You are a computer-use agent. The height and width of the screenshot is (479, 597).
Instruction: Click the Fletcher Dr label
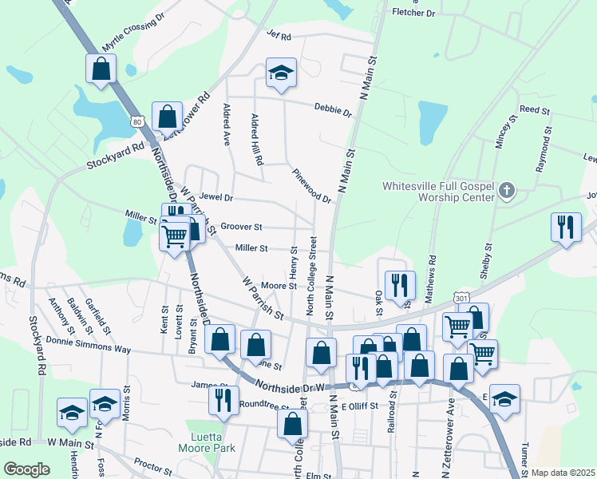coord(413,14)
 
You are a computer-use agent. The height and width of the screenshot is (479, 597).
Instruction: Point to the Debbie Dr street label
coord(333,109)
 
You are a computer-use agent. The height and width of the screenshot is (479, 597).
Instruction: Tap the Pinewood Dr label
coord(310,185)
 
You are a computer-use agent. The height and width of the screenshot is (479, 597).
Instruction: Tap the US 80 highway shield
coord(137,122)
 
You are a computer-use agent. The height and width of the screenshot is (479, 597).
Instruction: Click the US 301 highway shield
coord(461,298)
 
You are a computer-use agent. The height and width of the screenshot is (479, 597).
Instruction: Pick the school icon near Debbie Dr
coord(281,74)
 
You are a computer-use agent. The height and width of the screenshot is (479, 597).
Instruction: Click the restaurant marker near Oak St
coord(399,286)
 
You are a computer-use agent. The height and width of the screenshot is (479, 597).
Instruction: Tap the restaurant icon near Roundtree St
coord(223,399)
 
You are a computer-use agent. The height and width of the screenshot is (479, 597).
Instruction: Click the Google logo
coord(26,469)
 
